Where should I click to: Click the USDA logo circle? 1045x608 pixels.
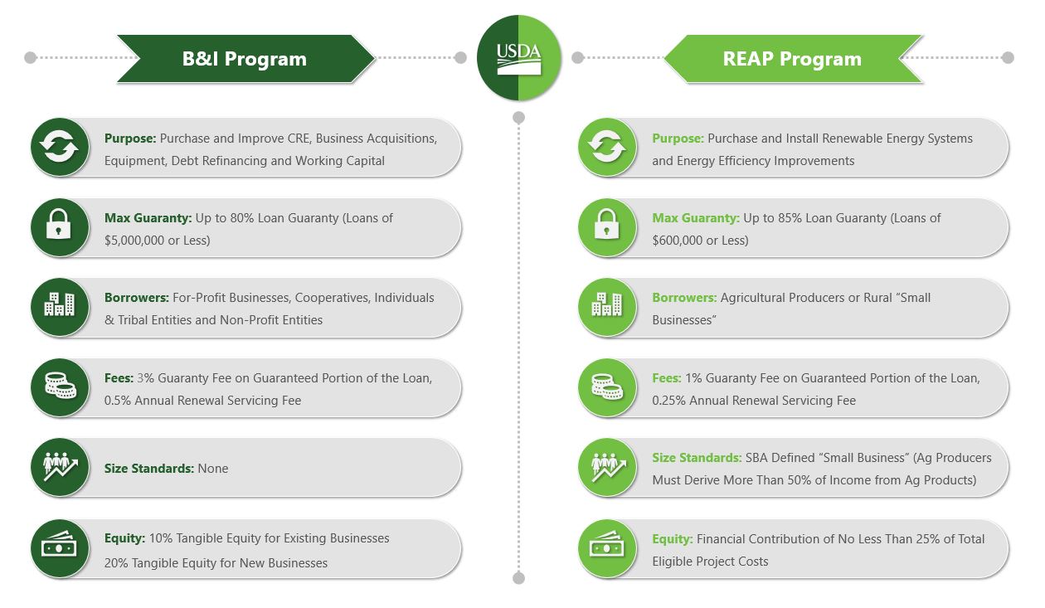click(x=518, y=59)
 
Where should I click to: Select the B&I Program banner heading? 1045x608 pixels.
click(x=245, y=59)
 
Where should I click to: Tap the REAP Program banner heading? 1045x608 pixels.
click(x=792, y=59)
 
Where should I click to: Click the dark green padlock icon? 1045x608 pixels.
click(x=60, y=227)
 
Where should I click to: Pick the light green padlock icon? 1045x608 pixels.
click(x=607, y=227)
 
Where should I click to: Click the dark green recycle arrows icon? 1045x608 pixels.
click(x=60, y=148)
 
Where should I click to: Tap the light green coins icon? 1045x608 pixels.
click(x=607, y=387)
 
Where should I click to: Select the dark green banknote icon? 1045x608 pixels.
click(x=60, y=548)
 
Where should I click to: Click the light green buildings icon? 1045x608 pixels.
click(x=607, y=307)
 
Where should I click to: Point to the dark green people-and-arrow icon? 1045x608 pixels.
click(x=60, y=467)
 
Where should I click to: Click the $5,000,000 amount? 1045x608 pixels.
click(x=138, y=241)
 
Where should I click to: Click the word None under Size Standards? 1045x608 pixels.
click(x=213, y=469)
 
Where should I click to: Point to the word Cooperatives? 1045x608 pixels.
click(x=322, y=298)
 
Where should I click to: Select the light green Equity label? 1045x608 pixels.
click(x=672, y=539)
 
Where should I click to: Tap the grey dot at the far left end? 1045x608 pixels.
click(x=31, y=58)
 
